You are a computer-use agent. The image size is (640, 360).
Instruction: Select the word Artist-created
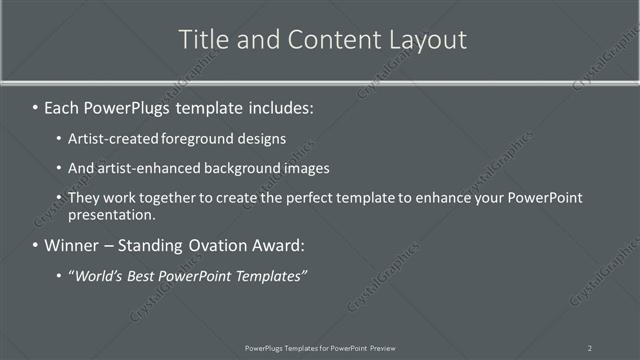coord(110,139)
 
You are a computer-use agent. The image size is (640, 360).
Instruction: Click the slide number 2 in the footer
coord(589,347)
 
